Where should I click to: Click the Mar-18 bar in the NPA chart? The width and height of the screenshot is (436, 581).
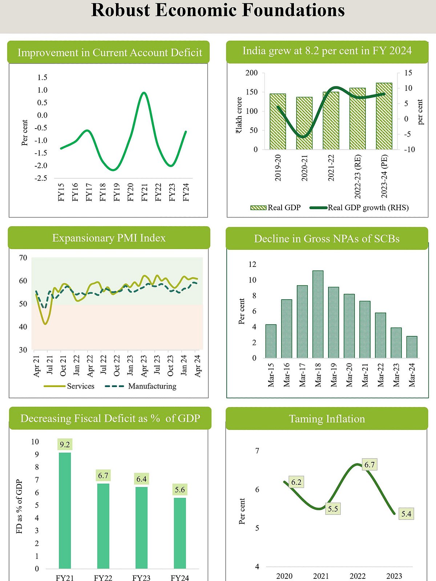coord(318,314)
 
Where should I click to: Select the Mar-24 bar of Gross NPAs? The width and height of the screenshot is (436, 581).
coord(412,347)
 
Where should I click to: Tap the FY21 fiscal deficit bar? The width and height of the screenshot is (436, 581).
coord(65,510)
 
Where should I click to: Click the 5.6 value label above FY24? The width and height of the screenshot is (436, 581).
coord(180,489)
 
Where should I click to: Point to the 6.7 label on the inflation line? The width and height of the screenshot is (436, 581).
coord(370,465)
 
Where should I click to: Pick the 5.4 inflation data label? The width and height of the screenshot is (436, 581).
coord(406,514)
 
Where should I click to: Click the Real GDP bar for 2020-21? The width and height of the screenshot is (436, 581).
coord(304,123)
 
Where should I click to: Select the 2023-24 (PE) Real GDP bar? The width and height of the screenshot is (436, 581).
coord(384,116)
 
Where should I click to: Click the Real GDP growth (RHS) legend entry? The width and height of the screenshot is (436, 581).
coord(359,208)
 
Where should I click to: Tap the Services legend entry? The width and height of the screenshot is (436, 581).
coord(69,386)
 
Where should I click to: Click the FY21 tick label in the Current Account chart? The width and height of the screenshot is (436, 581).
coord(144,192)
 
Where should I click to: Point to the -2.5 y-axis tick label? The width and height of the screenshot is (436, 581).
coord(41,178)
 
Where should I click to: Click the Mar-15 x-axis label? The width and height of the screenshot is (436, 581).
coord(271,375)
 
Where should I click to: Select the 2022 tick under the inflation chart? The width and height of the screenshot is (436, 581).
coord(358,576)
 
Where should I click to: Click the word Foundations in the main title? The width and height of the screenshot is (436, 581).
coord(294,10)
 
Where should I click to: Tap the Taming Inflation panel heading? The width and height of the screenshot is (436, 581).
coord(327,419)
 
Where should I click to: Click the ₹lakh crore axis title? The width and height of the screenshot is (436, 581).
coord(239,115)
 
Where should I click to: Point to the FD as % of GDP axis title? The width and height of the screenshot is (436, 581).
coord(20,507)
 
